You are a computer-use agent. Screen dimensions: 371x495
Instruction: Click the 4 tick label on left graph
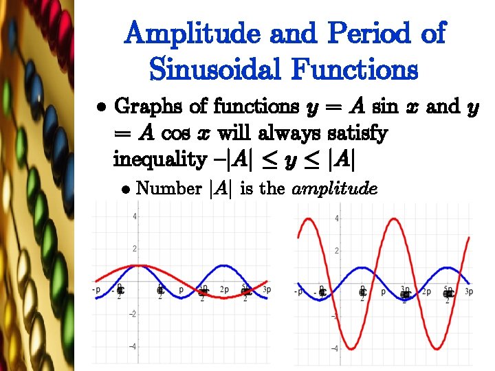[x=135, y=217]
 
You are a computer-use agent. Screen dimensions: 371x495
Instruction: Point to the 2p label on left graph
[x=225, y=290]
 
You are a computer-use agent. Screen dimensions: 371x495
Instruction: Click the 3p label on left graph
[x=267, y=290]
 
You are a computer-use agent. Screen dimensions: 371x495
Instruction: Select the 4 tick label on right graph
[x=336, y=218]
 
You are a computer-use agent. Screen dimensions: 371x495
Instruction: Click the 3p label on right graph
[x=469, y=292]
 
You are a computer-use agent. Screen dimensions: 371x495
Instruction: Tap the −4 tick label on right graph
[x=335, y=348]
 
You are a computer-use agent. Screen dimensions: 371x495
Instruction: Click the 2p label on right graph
[x=426, y=292]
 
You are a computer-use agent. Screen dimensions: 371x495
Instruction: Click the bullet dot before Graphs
[x=101, y=109]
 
